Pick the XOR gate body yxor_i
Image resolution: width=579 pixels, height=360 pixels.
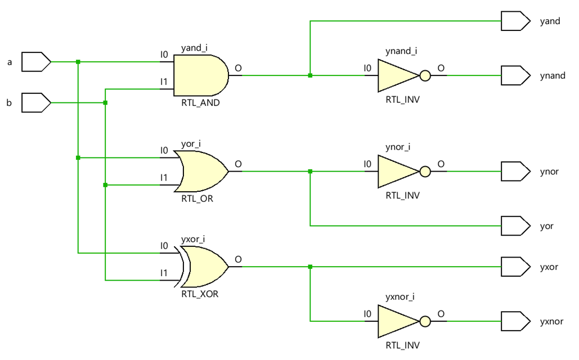tap(205, 267)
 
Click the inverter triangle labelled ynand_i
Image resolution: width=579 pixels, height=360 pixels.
tap(397, 75)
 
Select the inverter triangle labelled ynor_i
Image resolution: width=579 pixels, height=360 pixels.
tap(397, 171)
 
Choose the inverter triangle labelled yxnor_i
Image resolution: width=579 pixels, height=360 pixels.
tap(397, 321)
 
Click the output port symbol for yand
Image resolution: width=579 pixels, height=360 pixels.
tap(515, 21)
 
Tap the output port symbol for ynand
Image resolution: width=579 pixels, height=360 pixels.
tap(515, 75)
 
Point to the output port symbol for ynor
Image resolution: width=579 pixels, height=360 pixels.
tap(515, 171)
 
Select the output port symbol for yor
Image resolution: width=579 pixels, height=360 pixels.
tap(515, 226)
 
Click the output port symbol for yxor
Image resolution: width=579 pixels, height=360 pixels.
tap(515, 267)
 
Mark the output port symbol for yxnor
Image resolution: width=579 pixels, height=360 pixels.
tap(515, 321)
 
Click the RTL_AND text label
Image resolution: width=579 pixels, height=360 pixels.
tap(200, 103)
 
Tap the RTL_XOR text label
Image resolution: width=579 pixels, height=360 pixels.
tap(200, 294)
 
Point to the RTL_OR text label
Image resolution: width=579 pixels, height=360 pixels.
tap(198, 199)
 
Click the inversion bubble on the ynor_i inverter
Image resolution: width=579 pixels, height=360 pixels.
tap(425, 171)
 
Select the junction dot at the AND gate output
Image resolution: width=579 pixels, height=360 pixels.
tap(310, 75)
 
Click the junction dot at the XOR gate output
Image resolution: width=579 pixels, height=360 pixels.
tap(310, 267)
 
